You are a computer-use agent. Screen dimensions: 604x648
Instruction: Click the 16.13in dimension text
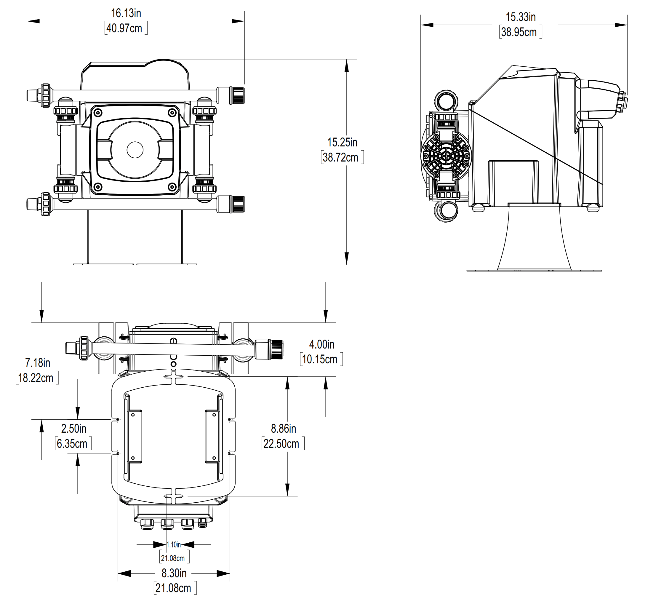click(126, 13)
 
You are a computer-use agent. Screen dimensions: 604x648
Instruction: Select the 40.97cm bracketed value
click(124, 28)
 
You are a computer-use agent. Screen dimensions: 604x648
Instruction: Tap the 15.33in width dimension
click(521, 17)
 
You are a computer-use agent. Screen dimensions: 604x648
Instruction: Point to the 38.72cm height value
click(341, 157)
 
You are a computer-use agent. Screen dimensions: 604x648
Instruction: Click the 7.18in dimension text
click(38, 363)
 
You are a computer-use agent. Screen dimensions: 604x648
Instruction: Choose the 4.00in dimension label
click(322, 344)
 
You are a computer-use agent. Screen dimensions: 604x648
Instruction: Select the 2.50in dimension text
click(74, 429)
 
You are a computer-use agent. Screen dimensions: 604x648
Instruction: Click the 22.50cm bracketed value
click(281, 444)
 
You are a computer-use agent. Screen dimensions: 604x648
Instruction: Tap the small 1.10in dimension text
click(173, 545)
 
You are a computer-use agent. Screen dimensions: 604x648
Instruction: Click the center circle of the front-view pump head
click(135, 150)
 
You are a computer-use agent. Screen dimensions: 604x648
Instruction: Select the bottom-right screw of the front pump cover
click(172, 187)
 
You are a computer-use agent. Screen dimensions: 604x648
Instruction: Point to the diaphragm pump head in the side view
click(446, 156)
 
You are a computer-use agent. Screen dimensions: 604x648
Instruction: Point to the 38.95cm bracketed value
click(519, 32)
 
